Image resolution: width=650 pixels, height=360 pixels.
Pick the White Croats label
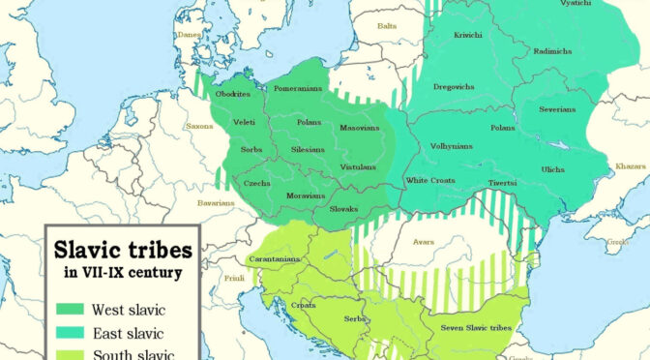[x=430, y=181]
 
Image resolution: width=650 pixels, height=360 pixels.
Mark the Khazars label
[x=630, y=166]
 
